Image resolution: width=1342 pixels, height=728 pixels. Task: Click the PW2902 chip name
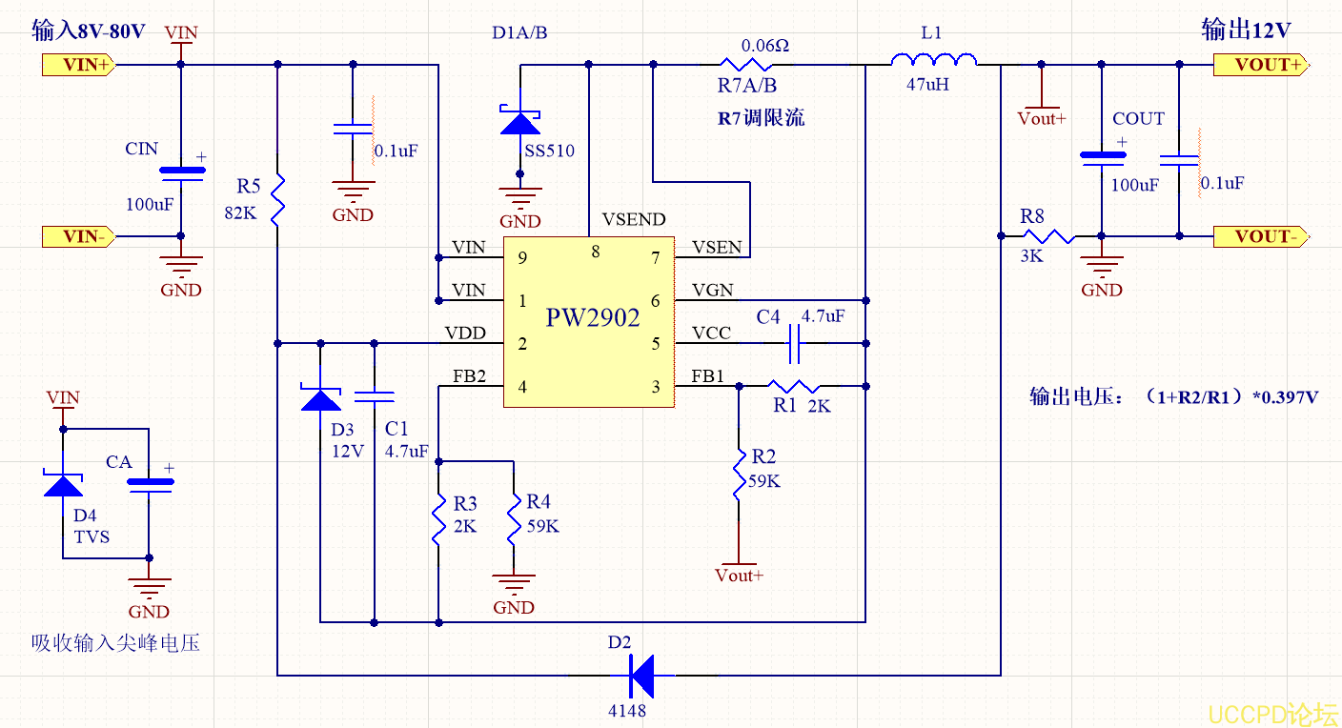coord(592,318)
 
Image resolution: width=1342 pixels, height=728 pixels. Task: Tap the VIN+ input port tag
coord(79,65)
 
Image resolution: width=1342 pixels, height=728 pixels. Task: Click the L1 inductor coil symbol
coord(933,62)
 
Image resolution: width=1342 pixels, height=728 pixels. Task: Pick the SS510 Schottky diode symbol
coord(520,121)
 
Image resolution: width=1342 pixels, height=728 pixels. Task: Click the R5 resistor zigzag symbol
coord(277,197)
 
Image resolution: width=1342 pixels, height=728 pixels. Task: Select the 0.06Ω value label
coord(765,45)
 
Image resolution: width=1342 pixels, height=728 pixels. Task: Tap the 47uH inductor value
coord(927,84)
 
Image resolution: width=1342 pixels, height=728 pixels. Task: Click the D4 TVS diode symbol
coord(64,485)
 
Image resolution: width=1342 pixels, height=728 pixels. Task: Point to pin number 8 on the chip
coord(596,252)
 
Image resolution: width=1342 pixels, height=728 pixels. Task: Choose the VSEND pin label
coord(634,220)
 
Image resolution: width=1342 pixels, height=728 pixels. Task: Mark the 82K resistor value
coord(240,213)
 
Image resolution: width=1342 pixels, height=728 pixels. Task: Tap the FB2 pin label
coord(469,377)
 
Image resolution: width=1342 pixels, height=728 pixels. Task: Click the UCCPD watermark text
coord(1273,714)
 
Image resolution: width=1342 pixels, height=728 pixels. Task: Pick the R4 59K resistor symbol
coord(513,518)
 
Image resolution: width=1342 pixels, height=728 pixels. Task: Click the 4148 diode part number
coord(626,710)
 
